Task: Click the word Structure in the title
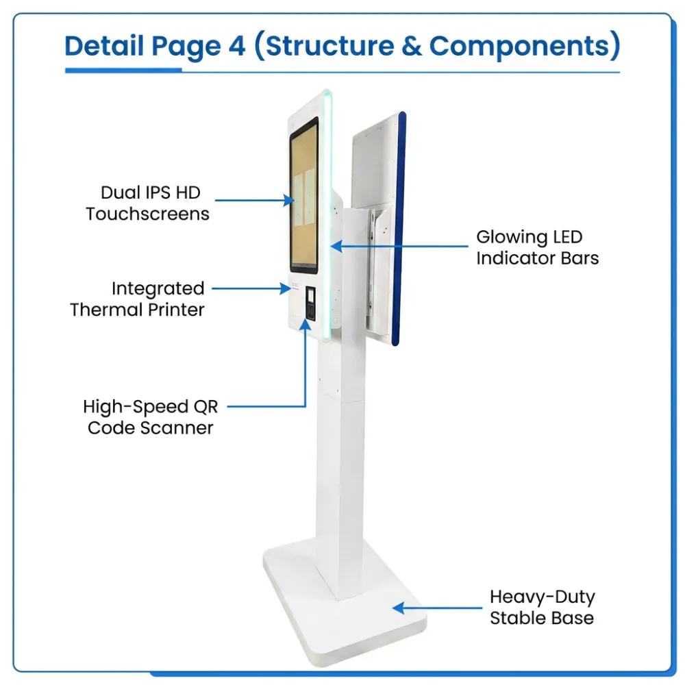point(330,46)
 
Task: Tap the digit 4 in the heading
point(237,46)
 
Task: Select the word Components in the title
point(519,47)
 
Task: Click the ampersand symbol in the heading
point(412,46)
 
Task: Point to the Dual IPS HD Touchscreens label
point(148,203)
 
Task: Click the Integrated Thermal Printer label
point(137,299)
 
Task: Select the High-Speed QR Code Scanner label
point(150,417)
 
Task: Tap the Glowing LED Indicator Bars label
point(537,247)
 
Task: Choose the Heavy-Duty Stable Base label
point(542,607)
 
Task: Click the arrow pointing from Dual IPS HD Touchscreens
point(255,201)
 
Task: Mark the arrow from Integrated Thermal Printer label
point(251,288)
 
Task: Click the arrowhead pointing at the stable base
point(399,608)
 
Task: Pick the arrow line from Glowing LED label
point(399,247)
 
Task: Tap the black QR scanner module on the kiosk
point(310,303)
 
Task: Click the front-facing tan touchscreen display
point(303,195)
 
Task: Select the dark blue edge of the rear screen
point(399,229)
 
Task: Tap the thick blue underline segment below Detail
point(123,70)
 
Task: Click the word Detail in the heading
point(104,46)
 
